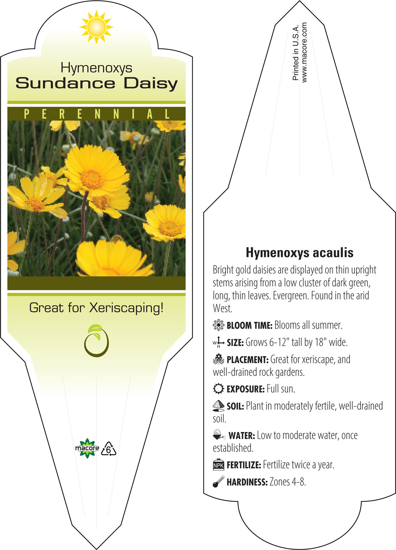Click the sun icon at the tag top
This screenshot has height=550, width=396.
point(96,27)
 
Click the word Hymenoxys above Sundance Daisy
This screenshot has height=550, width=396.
point(96,68)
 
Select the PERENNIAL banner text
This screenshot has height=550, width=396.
point(97,114)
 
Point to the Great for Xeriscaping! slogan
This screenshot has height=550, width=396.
point(96,308)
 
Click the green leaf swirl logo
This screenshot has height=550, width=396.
point(96,340)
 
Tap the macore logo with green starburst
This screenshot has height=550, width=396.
point(87,448)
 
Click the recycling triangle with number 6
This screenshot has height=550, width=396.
point(109,449)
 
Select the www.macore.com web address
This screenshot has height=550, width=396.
point(304,53)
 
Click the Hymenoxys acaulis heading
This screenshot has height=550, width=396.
point(299,253)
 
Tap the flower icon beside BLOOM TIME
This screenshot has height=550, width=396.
point(219,325)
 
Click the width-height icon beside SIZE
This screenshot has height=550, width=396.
point(219,342)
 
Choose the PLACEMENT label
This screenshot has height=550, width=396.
point(248,360)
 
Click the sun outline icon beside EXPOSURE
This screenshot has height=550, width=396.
point(219,389)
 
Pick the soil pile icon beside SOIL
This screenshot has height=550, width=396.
point(219,406)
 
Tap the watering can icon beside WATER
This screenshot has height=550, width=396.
point(219,435)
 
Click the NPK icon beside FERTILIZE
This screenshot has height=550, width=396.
point(219,465)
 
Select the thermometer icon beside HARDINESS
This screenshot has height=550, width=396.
point(219,482)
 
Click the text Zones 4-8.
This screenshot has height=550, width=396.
point(288,482)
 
